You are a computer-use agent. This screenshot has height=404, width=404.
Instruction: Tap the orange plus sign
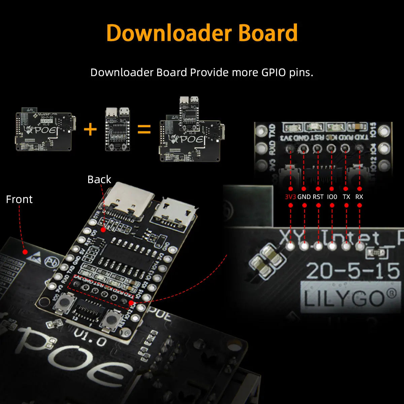(90, 129)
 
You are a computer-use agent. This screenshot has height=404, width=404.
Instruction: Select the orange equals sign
(144, 129)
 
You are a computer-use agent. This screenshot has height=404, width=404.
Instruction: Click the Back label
(99, 179)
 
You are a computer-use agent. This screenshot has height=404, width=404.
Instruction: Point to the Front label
(19, 199)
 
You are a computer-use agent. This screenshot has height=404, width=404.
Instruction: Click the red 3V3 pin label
(290, 197)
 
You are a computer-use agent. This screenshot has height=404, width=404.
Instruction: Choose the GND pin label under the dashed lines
(304, 197)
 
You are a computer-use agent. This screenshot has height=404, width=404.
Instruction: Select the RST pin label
(318, 197)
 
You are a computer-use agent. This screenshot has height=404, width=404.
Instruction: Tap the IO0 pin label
(332, 197)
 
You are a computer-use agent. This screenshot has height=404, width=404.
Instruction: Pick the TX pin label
(346, 197)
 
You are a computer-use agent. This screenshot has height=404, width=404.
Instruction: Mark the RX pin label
(359, 197)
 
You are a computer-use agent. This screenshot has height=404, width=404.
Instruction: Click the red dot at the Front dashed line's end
(25, 251)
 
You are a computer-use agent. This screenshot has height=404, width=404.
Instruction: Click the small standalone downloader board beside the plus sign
(117, 129)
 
